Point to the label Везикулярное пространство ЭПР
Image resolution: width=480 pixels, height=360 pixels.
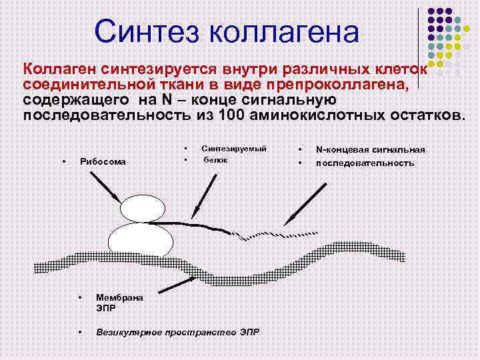click(176, 331)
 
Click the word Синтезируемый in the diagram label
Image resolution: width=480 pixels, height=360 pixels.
click(233, 149)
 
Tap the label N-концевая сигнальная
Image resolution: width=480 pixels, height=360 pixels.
click(369, 151)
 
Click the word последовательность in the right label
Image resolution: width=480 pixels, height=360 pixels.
click(364, 163)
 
